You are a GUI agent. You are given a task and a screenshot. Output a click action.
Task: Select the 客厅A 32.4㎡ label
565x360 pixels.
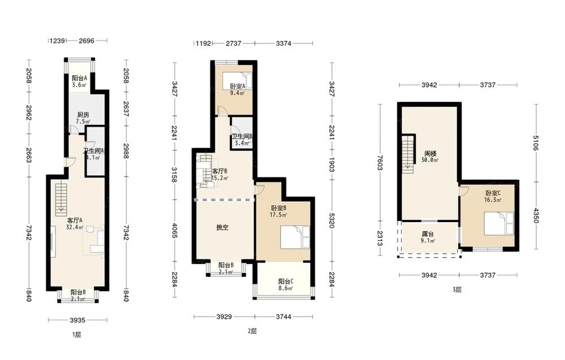coord(75,223)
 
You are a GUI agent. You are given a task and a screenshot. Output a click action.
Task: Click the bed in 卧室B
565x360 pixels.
coord(295,237)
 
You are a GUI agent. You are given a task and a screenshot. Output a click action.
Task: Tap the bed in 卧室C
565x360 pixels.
coord(499,223)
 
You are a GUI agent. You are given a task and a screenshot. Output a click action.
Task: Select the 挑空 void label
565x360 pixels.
coord(222,227)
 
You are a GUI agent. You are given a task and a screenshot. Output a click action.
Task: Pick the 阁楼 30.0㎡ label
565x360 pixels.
coord(430,157)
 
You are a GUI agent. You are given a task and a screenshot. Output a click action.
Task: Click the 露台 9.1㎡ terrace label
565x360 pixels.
coord(427,237)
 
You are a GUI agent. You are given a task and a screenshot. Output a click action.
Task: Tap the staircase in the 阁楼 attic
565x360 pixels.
coord(408,154)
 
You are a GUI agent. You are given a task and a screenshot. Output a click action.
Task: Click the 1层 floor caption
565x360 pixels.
coord(76,335)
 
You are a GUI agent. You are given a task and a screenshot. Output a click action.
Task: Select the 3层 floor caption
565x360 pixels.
coord(457,289)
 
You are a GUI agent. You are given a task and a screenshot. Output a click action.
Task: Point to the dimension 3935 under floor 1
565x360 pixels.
coord(77,320)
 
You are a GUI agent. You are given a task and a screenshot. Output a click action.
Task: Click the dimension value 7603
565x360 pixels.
coord(380,163)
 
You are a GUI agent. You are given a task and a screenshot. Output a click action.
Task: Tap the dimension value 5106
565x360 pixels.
coord(536,143)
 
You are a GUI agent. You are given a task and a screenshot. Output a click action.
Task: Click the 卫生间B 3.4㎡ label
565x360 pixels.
coord(242,140)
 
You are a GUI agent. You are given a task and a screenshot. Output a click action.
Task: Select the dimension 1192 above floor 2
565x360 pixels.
coord(203,44)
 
